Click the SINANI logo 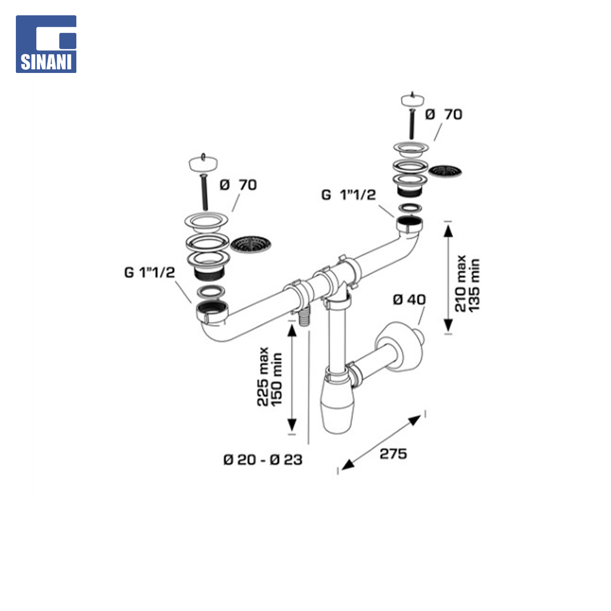(x=46, y=44)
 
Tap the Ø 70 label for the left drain (x=238, y=184)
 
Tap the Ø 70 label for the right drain (x=444, y=114)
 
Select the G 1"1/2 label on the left (x=149, y=272)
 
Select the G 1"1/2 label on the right (x=348, y=195)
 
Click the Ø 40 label (x=409, y=299)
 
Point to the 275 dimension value (x=393, y=454)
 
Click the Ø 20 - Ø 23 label (x=263, y=460)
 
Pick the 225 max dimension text (x=263, y=376)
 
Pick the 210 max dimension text (x=461, y=283)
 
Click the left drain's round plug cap (x=203, y=162)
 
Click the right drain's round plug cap (x=412, y=100)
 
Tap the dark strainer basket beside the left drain (x=251, y=244)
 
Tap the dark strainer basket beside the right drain (x=445, y=171)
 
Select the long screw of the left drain (x=204, y=193)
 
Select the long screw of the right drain (x=411, y=124)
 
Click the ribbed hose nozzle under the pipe (x=304, y=316)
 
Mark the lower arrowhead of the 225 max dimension (x=291, y=425)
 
